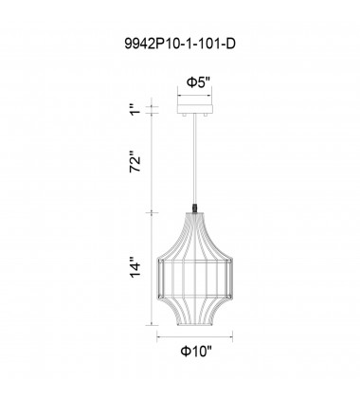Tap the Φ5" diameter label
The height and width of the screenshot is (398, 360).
point(197,81)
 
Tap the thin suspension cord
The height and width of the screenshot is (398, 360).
point(197,161)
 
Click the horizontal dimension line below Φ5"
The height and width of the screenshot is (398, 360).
point(197,95)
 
